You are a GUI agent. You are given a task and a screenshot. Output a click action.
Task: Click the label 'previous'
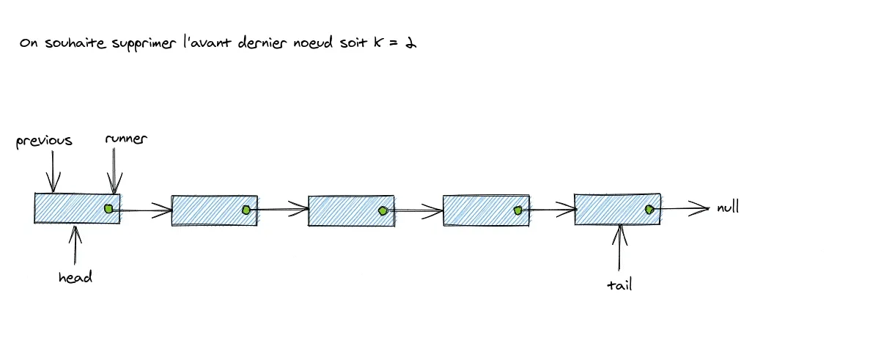pos(44,141)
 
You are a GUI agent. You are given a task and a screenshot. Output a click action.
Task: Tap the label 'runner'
pos(126,139)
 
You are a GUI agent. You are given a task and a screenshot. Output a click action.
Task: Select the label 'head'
pos(75,277)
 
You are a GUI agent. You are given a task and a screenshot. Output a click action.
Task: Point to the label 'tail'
pos(619,284)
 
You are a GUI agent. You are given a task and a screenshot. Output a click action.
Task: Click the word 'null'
pos(728,207)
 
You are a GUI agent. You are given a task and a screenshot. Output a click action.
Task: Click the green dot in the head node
pos(108,209)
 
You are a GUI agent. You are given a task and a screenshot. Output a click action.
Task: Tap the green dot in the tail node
pos(649,209)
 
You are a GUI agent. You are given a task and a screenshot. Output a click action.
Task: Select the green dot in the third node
pos(383,211)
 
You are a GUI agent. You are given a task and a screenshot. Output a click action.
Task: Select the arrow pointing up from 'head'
pos(75,246)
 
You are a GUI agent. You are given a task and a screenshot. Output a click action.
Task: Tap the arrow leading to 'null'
pos(682,208)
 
